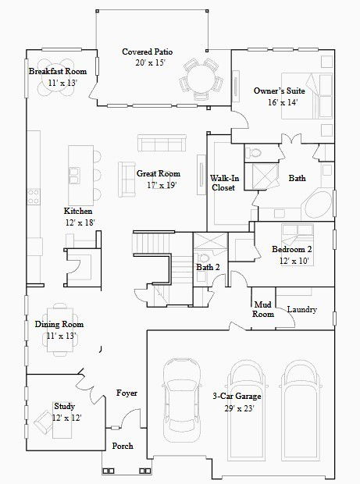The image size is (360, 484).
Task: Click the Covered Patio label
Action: pyautogui.click(x=148, y=52)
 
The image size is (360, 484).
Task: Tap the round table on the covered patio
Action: pyautogui.click(x=201, y=80)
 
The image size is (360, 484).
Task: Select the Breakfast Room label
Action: pyautogui.click(x=58, y=71)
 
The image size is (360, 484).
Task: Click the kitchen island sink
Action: pyautogui.click(x=74, y=176)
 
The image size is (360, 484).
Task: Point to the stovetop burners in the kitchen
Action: pyautogui.click(x=34, y=197)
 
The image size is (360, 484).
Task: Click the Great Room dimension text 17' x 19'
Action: pyautogui.click(x=162, y=185)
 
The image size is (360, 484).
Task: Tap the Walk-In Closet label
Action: pyautogui.click(x=223, y=183)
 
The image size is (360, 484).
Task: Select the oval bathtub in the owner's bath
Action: pyautogui.click(x=318, y=205)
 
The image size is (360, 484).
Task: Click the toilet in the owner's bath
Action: pyautogui.click(x=254, y=152)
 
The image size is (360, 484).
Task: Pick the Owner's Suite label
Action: pyautogui.click(x=279, y=91)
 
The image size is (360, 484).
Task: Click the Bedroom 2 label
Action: pyautogui.click(x=292, y=249)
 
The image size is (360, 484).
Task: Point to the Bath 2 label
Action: pyautogui.click(x=208, y=267)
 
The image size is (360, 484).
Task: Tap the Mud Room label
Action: pyautogui.click(x=263, y=309)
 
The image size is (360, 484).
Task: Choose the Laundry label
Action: pyautogui.click(x=302, y=310)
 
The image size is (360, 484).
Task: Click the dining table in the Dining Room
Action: pyautogui.click(x=60, y=330)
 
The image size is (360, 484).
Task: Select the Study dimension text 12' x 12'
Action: pyautogui.click(x=66, y=418)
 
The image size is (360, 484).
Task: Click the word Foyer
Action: pyautogui.click(x=127, y=393)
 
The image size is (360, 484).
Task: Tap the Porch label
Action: pyautogui.click(x=123, y=446)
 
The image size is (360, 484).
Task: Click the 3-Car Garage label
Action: pyautogui.click(x=237, y=396)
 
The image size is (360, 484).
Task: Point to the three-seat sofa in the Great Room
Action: pyautogui.click(x=162, y=143)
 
